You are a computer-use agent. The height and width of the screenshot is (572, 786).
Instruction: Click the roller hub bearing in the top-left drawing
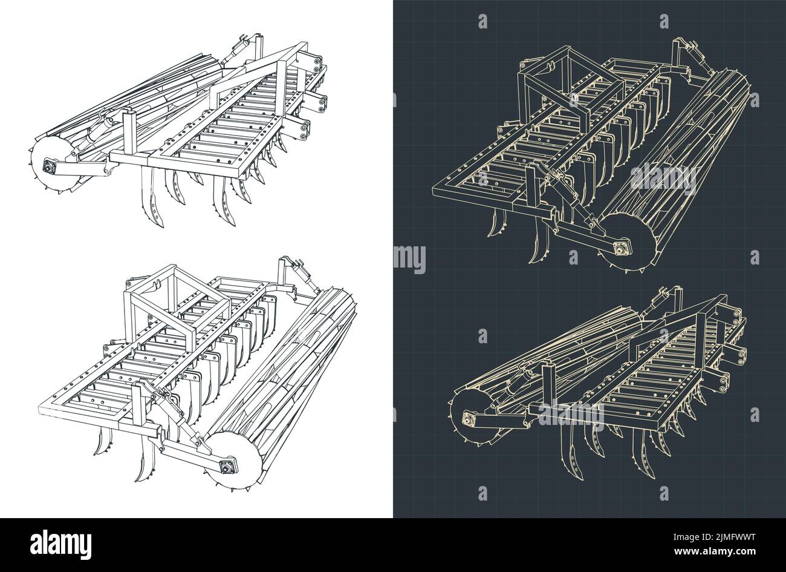pos(47,167)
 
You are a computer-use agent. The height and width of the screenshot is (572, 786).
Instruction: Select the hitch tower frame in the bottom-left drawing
pos(175,297)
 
